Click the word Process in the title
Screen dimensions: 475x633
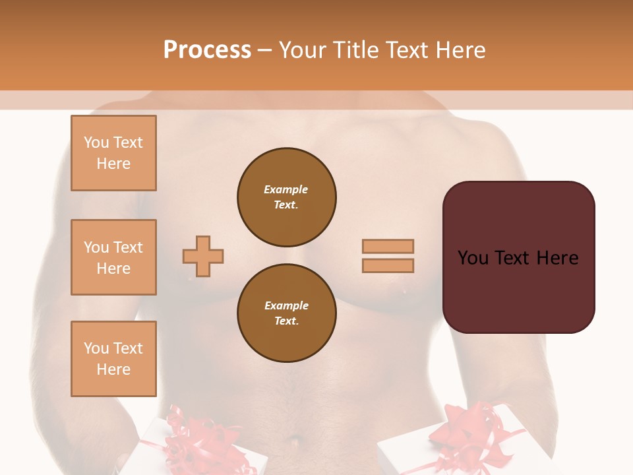coord(207,50)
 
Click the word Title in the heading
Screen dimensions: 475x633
coord(357,50)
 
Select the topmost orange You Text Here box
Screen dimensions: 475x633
coord(113,153)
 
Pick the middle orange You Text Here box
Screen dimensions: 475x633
coord(113,257)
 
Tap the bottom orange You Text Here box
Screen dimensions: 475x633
coord(113,359)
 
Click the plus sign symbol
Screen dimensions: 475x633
coord(203,256)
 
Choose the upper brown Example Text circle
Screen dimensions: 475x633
coord(286,197)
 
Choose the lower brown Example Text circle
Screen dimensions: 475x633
coord(286,313)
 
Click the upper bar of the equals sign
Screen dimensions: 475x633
coord(388,247)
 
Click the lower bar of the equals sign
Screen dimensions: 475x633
coord(388,265)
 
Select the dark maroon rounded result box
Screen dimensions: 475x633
coord(518,257)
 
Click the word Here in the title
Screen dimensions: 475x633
coord(461,50)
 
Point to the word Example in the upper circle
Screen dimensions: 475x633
coord(286,189)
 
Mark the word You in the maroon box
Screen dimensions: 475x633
coord(473,258)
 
